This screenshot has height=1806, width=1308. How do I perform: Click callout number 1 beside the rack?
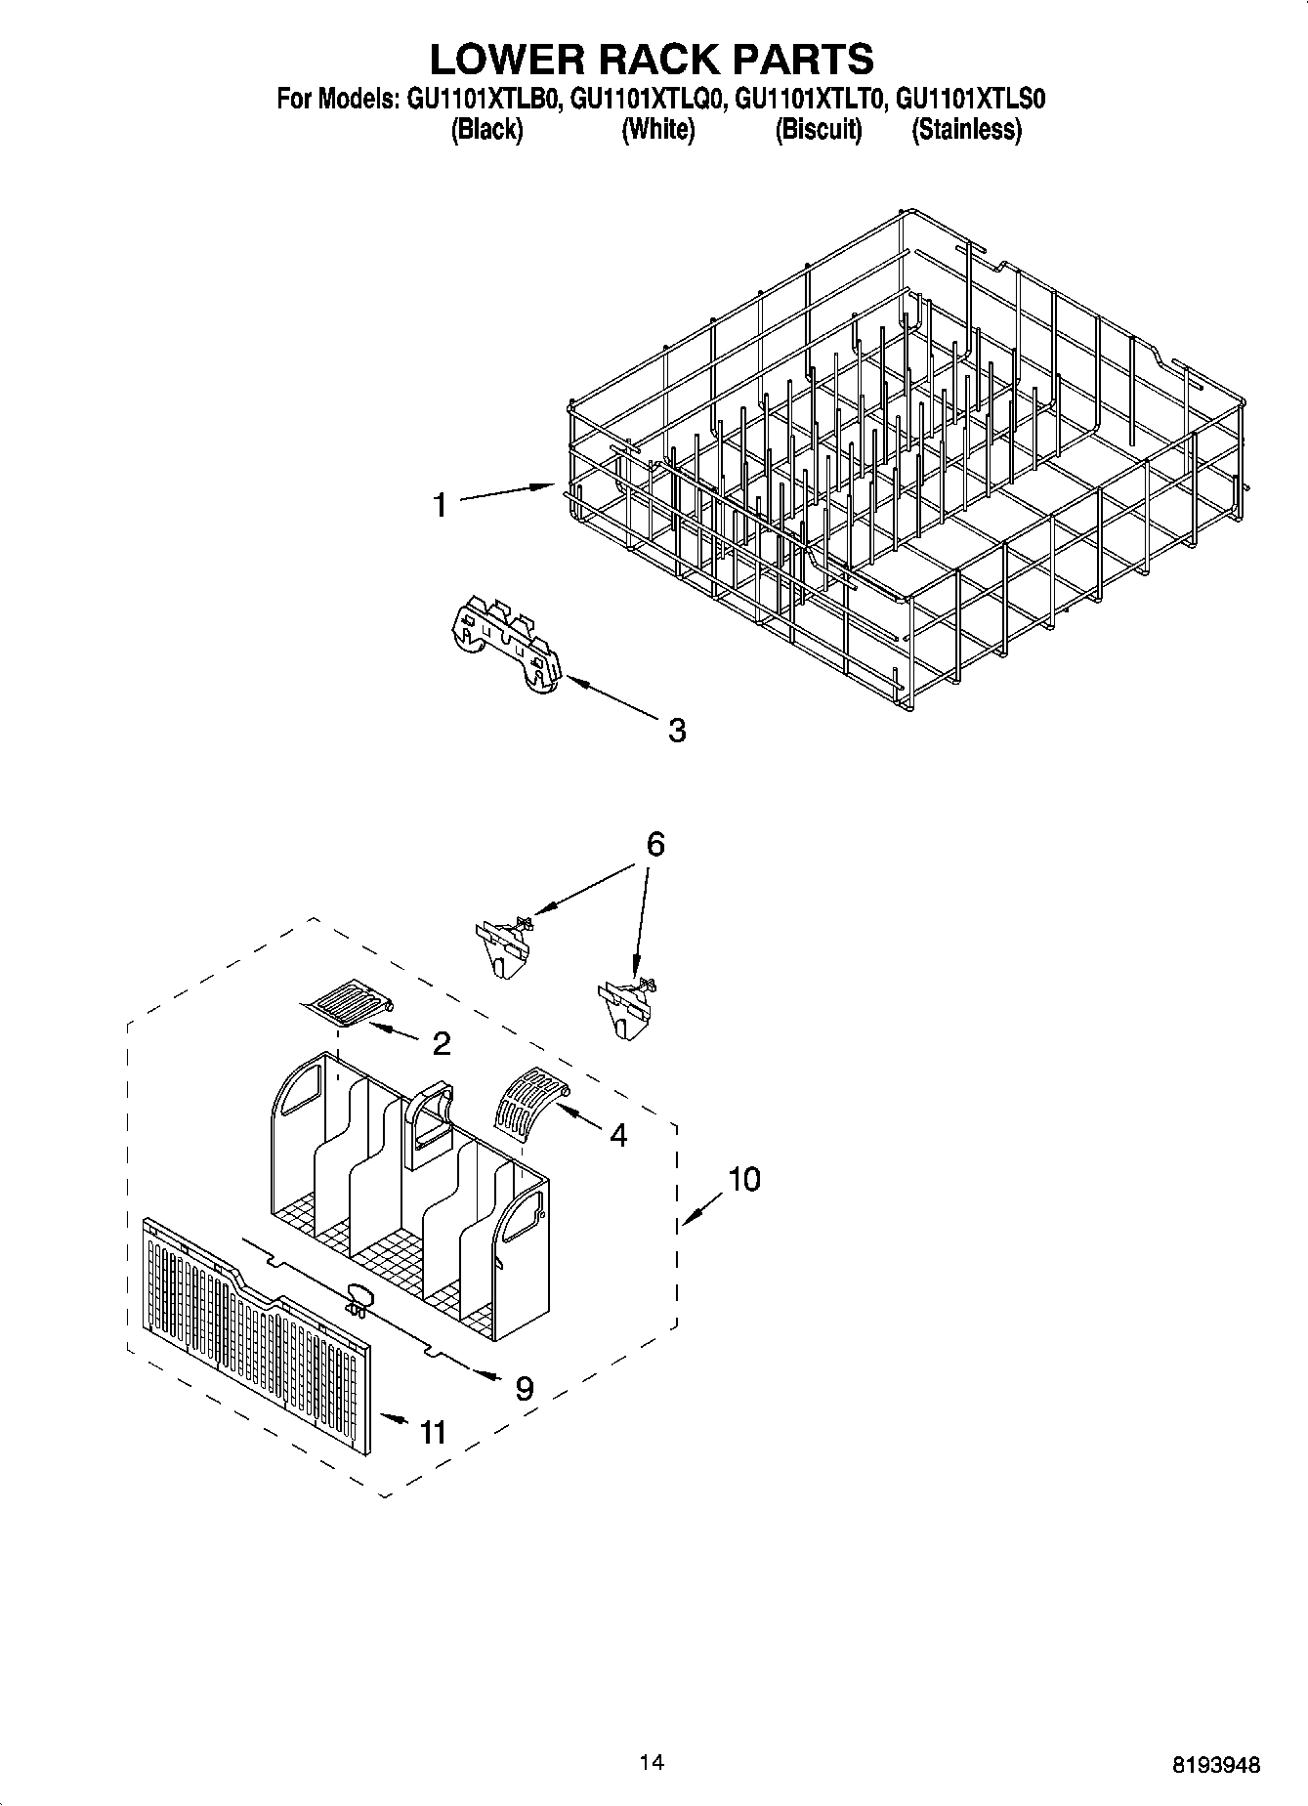(x=441, y=505)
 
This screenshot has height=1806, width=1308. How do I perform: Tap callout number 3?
(x=677, y=730)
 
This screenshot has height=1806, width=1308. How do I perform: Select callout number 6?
(x=655, y=843)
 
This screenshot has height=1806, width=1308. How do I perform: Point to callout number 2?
(x=442, y=1044)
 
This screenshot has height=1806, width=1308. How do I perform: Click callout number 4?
(x=618, y=1135)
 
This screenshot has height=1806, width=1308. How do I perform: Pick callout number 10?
(x=743, y=1179)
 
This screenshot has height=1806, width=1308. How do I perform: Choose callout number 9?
(x=525, y=1388)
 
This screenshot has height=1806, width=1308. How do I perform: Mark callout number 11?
(x=432, y=1432)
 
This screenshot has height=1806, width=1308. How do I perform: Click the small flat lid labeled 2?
(x=347, y=1005)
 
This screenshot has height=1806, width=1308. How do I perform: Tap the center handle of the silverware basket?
(x=428, y=1123)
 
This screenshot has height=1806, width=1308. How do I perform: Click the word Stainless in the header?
(x=966, y=130)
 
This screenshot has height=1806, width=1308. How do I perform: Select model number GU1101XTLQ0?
(x=646, y=99)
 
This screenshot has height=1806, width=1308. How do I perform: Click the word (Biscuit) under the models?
(x=819, y=130)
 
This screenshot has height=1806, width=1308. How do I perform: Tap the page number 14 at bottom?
(x=652, y=1763)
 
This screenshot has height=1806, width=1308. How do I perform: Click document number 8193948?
(x=1216, y=1765)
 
